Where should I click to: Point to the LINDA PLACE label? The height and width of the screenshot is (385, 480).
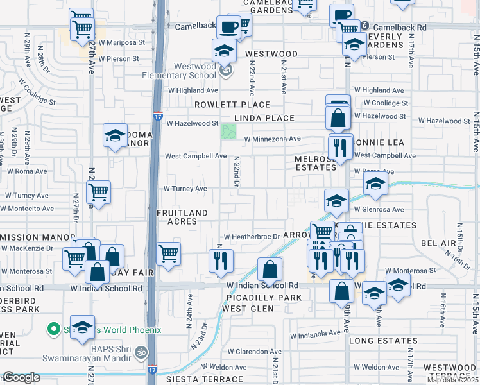point(264,118)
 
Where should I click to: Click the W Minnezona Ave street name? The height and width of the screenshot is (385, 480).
point(272,138)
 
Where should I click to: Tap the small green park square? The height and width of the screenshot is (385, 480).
point(228,132)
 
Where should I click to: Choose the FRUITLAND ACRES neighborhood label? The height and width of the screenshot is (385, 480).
point(182,217)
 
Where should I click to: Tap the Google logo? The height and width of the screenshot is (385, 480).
point(21,377)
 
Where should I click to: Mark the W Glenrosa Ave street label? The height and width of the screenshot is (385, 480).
point(378,209)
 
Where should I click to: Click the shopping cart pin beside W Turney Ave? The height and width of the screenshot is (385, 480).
point(98,192)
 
